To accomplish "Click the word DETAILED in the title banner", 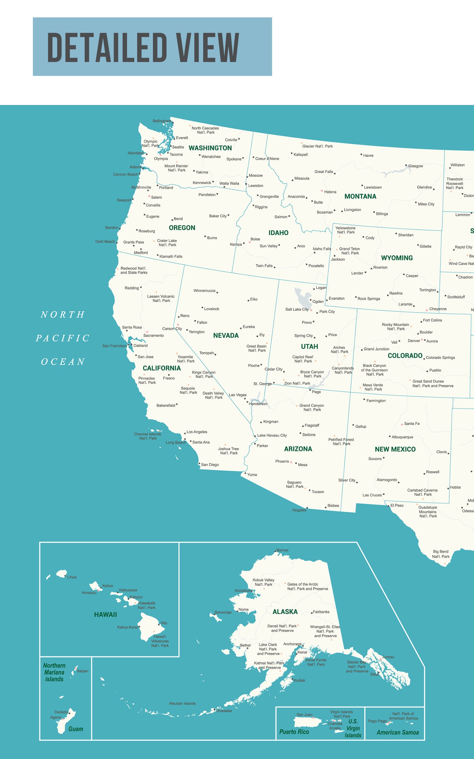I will (107, 47).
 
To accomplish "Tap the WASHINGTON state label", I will (210, 148).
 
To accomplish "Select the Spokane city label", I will (234, 159).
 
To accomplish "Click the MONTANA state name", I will (360, 196).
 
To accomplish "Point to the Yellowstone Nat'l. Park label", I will (345, 230).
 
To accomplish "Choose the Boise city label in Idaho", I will (255, 239).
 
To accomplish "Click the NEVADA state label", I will (226, 336).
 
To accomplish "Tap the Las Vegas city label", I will (237, 395).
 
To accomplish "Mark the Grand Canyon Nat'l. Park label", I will (312, 407).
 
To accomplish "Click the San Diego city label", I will (210, 465).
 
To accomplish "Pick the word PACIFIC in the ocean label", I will (63, 338).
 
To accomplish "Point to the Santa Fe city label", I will (412, 423).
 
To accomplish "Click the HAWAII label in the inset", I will (105, 614).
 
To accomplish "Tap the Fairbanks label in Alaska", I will (321, 612).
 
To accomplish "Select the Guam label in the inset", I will (76, 729).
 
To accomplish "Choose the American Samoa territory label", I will (398, 732).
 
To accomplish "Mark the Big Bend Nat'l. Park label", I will (441, 554).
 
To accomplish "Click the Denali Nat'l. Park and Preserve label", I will (282, 628).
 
